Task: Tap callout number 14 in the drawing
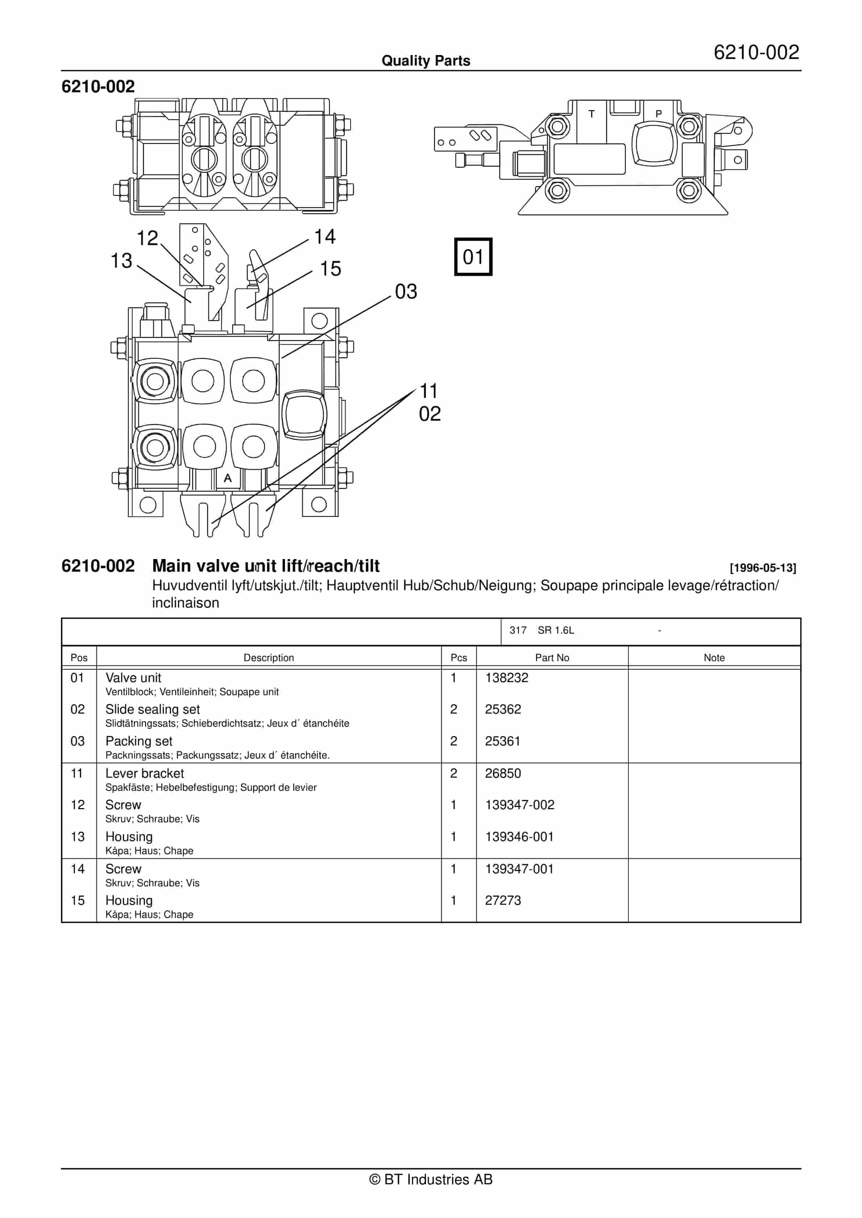325,236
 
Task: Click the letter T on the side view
591,114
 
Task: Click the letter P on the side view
659,114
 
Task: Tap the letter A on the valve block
228,478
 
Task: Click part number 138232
506,677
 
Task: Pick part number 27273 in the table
503,900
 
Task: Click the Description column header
269,658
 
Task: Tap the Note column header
714,658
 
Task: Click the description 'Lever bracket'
145,773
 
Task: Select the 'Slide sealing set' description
152,709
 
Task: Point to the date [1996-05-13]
763,568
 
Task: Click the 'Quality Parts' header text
426,61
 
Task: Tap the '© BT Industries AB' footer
431,1179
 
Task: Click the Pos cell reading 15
78,900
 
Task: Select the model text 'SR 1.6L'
556,630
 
